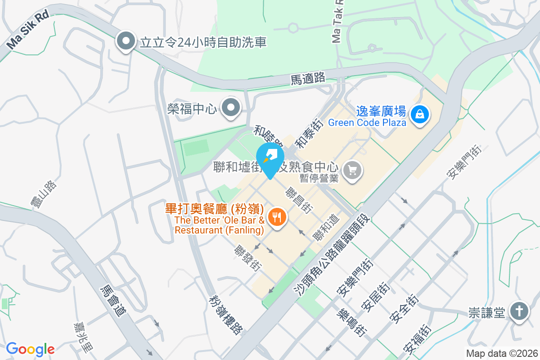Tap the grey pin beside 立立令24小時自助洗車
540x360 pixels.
click(126, 42)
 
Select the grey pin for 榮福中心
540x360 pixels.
click(232, 108)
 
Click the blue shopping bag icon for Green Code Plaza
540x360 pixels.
click(419, 114)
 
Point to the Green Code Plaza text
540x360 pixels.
click(367, 122)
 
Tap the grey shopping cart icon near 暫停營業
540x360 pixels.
click(352, 170)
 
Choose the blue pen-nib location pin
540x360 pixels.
click(270, 157)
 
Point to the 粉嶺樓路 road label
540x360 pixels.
click(225, 315)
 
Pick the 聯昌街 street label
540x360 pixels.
click(299, 200)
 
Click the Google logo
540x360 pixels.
click(30, 349)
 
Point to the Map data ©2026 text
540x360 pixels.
click(502, 354)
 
